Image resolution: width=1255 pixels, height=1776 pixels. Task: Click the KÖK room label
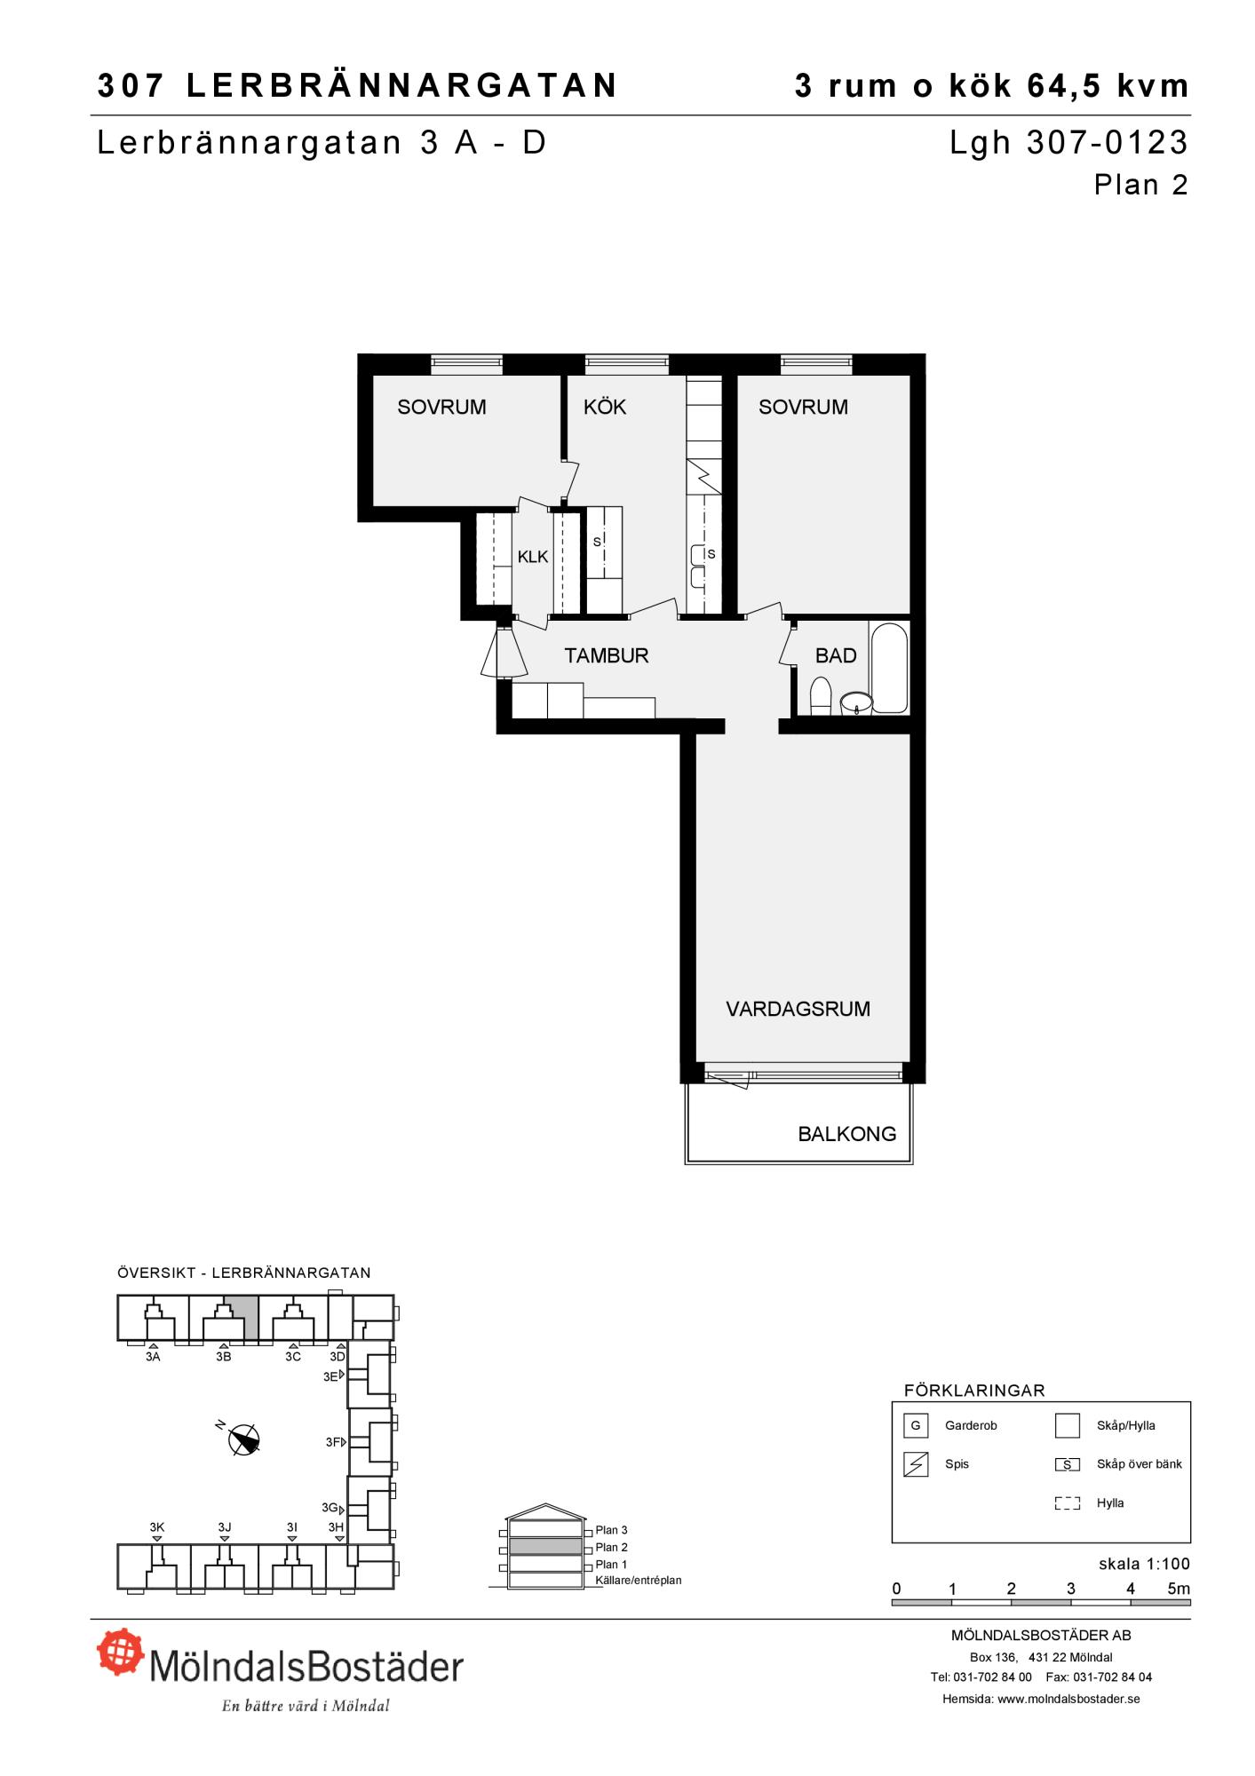605,407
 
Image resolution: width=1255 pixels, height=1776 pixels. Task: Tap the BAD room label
836,655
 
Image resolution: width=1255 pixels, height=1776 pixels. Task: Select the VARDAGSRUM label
798,1009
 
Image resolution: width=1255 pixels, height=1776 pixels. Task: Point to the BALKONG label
846,1134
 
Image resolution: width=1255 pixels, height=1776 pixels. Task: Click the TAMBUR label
607,655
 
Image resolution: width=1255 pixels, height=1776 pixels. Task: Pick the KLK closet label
533,557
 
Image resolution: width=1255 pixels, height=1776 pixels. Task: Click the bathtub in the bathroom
890,668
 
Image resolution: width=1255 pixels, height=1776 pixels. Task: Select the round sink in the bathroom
856,703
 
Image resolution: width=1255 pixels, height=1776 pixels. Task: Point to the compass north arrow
244,1439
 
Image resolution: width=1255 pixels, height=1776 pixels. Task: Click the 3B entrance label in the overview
224,1356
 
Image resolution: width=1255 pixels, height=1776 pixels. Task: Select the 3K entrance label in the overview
157,1527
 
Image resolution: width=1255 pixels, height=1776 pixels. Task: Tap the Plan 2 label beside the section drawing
611,1547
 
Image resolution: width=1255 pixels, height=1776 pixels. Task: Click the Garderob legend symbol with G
915,1426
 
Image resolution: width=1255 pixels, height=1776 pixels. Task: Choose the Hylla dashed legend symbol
1067,1503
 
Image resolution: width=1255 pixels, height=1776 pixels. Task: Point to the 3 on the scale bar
1071,1589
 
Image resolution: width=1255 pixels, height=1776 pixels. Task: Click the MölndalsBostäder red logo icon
121,1651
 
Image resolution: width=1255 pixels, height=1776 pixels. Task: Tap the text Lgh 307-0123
1068,143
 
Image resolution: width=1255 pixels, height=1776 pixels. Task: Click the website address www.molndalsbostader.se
1068,1699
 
